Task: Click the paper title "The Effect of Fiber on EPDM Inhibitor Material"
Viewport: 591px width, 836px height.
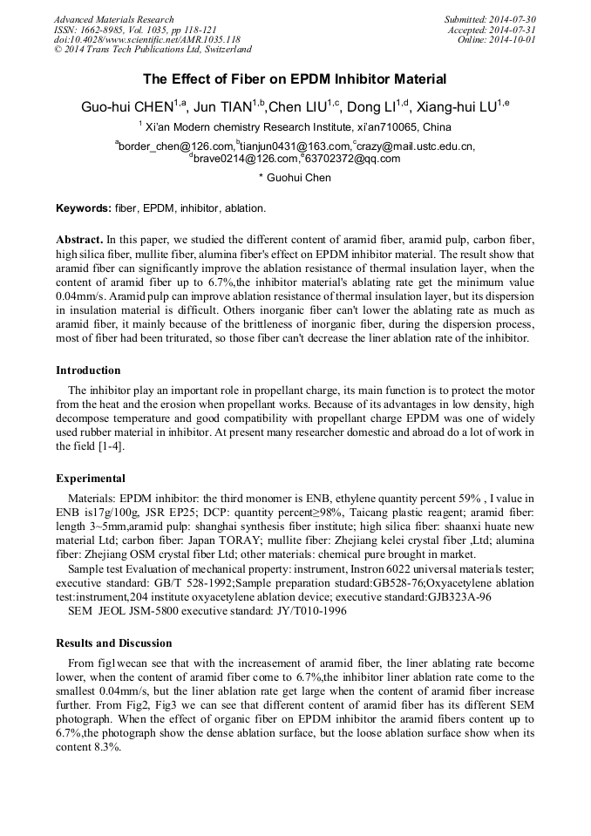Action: (295, 79)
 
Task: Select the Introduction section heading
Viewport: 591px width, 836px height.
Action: (88, 370)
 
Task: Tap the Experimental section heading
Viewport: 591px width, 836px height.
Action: (91, 479)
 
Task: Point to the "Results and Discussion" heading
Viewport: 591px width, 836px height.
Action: (114, 643)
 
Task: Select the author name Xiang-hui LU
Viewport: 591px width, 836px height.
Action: (459, 106)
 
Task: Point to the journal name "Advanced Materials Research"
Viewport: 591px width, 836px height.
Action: (114, 19)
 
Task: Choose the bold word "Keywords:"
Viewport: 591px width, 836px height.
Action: (84, 209)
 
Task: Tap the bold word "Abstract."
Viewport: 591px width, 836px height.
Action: (80, 239)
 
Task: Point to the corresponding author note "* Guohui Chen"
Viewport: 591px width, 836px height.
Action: (295, 178)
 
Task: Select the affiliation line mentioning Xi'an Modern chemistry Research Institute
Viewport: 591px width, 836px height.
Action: (295, 127)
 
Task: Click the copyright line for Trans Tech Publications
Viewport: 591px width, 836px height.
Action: (153, 50)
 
